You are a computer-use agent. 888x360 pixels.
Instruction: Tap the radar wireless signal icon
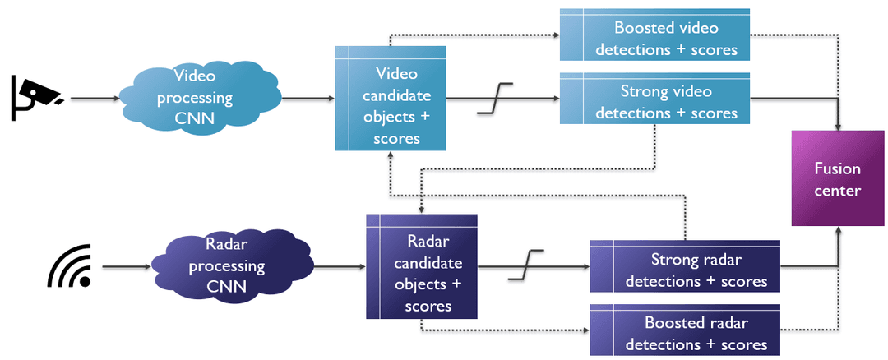pyautogui.click(x=69, y=267)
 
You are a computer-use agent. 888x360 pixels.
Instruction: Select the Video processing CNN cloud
pyautogui.click(x=194, y=98)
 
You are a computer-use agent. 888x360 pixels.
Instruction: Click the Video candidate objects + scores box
pyautogui.click(x=391, y=99)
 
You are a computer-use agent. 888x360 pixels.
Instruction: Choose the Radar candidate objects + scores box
pyautogui.click(x=423, y=266)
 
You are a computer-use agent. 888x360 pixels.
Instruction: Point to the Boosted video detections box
pyautogui.click(x=655, y=35)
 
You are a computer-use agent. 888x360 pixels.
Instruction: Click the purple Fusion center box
pyautogui.click(x=837, y=178)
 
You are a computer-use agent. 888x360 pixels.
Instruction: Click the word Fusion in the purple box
pyautogui.click(x=837, y=168)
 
